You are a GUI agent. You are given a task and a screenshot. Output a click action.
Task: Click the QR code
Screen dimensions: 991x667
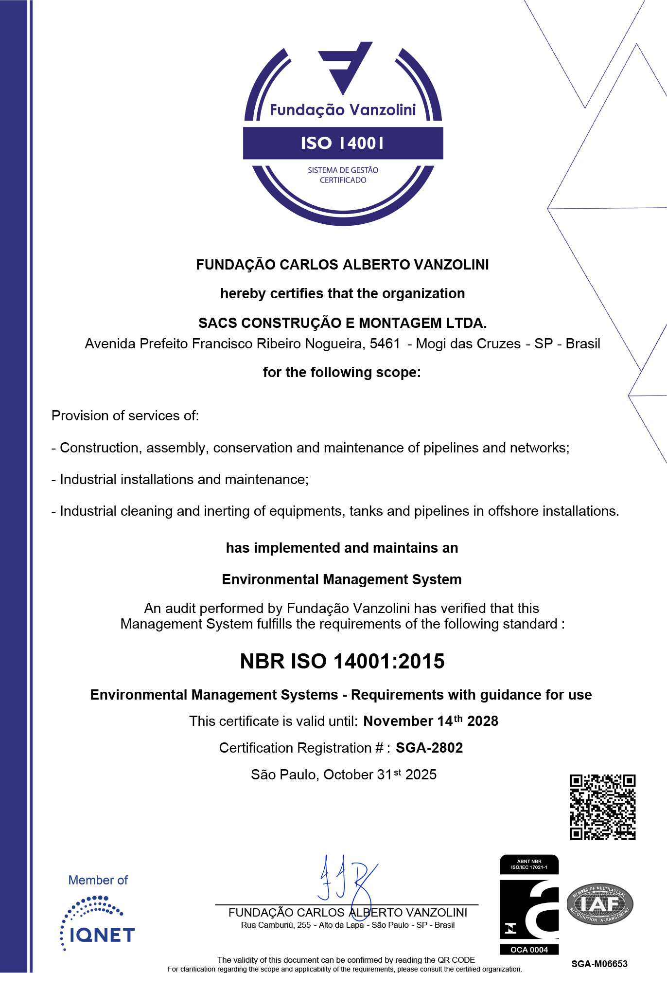(x=602, y=807)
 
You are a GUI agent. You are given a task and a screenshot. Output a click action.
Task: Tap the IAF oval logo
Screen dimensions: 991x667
(x=600, y=904)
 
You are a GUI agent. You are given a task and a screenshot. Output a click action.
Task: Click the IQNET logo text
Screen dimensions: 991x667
(x=102, y=935)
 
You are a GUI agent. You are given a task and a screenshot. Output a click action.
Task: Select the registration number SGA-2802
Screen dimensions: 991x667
(x=429, y=748)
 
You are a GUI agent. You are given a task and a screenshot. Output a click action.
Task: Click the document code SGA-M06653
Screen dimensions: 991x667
(x=599, y=964)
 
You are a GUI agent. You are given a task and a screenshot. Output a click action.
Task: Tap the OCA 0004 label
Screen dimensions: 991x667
(x=529, y=950)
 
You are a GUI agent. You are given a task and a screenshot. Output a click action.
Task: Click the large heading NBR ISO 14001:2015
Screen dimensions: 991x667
(x=342, y=661)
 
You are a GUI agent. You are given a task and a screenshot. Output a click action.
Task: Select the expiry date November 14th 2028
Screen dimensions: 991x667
(x=430, y=721)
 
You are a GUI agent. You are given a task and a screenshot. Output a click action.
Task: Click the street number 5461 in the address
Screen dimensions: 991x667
(x=385, y=343)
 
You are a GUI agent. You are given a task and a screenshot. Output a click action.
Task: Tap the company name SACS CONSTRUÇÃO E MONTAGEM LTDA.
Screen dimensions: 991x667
(x=342, y=323)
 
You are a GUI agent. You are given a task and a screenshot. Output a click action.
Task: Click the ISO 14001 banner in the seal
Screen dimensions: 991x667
(x=343, y=143)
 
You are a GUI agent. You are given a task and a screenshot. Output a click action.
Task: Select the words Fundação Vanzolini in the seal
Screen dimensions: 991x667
(x=343, y=110)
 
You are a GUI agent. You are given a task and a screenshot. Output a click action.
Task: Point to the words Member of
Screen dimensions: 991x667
(x=98, y=880)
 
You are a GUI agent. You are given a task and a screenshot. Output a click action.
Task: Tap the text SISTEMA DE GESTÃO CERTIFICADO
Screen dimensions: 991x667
(x=343, y=175)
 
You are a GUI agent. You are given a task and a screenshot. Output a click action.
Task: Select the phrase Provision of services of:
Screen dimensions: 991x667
(x=125, y=415)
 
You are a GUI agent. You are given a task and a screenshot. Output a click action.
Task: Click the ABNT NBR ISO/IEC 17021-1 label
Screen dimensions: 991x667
(x=529, y=864)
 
